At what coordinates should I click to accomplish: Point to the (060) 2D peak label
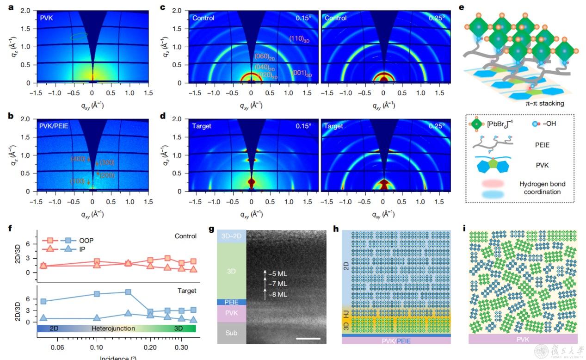point(265,56)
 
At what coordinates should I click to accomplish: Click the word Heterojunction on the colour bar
point(113,328)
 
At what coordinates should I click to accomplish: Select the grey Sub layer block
point(231,333)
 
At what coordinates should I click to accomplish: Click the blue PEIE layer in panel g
point(231,302)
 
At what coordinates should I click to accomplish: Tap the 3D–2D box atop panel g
point(231,236)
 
